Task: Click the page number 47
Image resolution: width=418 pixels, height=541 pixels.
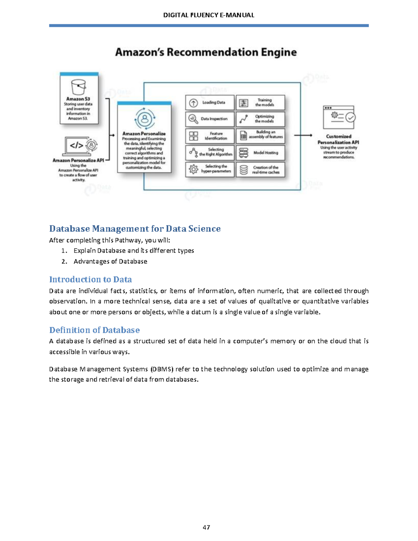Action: point(206,527)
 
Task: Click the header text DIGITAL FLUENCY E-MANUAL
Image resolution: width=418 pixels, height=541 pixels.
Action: point(209,15)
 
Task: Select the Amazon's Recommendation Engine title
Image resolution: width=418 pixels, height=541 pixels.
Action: point(206,52)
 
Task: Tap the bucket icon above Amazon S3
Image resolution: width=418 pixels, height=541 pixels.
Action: point(78,87)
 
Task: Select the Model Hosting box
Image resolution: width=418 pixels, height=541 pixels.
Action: point(260,153)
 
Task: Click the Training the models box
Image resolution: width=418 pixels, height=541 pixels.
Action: point(260,103)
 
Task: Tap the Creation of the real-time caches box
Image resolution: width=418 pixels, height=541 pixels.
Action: point(260,170)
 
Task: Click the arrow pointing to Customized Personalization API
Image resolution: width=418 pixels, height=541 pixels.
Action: point(303,135)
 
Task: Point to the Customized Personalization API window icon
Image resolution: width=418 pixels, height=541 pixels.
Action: point(339,117)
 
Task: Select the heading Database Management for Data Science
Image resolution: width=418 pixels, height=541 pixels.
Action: point(135,229)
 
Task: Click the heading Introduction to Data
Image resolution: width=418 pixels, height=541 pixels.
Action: point(91,279)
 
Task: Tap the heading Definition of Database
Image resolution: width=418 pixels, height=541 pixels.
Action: point(94,330)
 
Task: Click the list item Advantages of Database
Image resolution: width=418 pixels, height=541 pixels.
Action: point(110,261)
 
